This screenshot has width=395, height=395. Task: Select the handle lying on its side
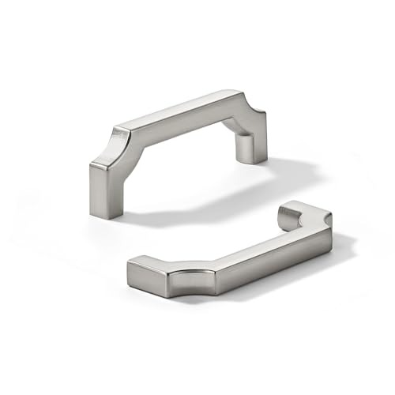pos(229,253)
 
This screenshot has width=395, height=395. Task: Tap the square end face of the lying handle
pos(142,276)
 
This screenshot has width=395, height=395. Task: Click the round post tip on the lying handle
pos(291,211)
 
